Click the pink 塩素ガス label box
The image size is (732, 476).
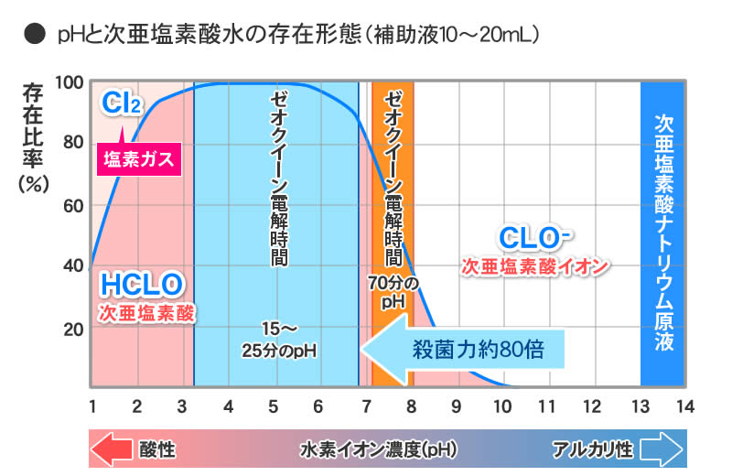click(141, 159)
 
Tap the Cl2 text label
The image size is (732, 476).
click(122, 103)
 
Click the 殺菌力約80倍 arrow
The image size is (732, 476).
click(463, 349)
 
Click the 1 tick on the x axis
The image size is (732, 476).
click(91, 406)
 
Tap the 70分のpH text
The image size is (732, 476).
click(393, 291)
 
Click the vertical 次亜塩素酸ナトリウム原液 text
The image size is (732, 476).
click(663, 233)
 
